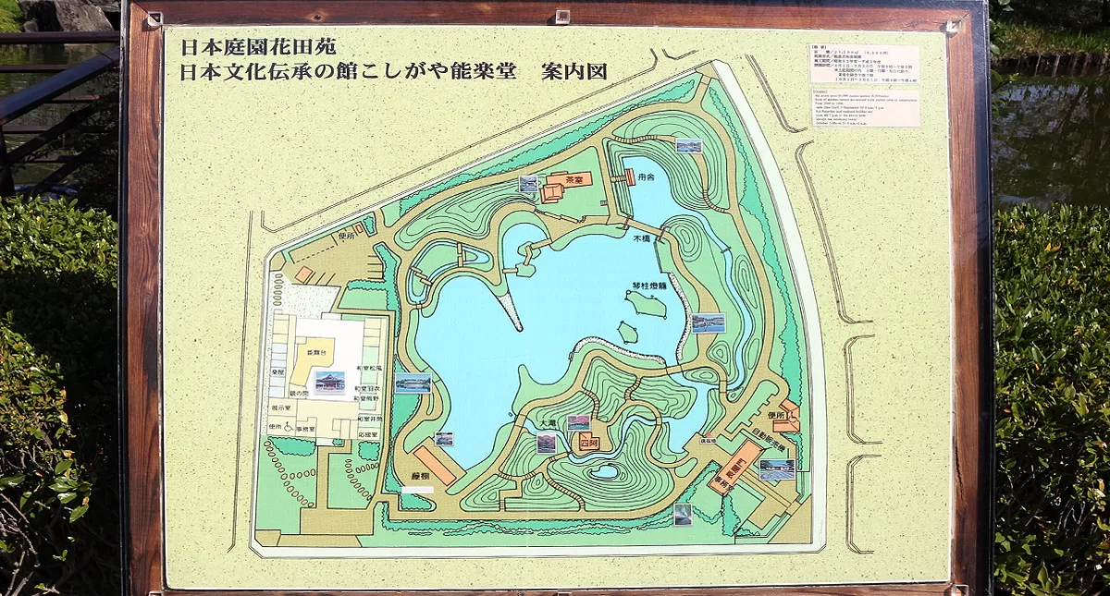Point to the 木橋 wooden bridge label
point(643,238)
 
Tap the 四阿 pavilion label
point(589,442)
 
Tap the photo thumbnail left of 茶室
point(528,184)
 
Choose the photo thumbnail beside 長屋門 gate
point(776,469)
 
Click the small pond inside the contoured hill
point(605,471)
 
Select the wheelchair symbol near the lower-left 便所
point(289,428)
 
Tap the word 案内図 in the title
point(575,72)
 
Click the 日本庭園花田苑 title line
point(251,44)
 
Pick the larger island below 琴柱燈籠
point(645,303)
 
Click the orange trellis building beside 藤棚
point(434,465)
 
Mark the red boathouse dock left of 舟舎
point(630,177)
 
